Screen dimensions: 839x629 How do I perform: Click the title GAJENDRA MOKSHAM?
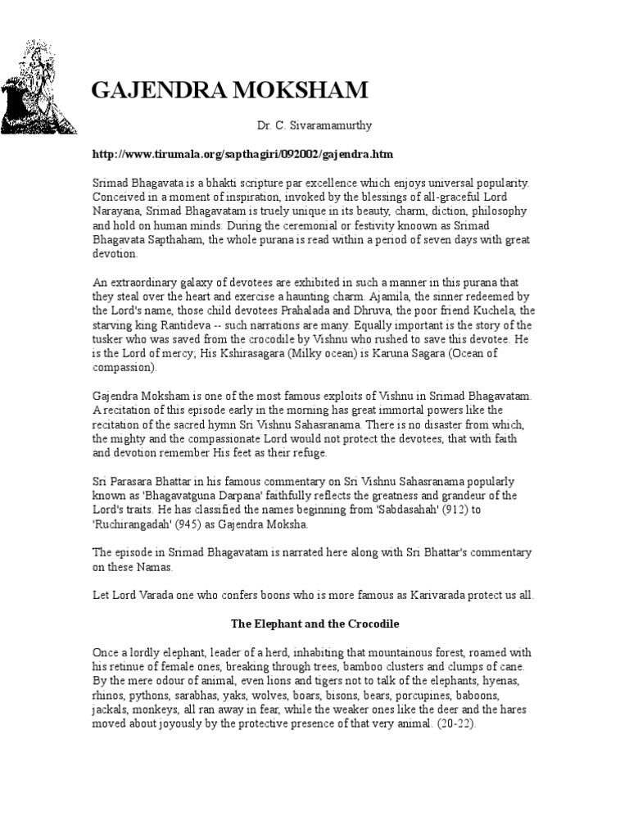[x=229, y=91]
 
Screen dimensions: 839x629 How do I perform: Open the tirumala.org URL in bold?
[x=243, y=154]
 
